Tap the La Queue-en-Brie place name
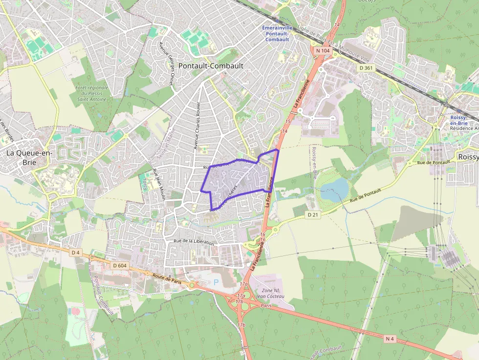(29, 157)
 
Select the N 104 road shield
(323, 50)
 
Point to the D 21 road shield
(313, 214)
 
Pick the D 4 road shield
(75, 253)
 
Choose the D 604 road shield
(119, 265)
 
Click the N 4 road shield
(390, 338)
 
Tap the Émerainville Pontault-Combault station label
(277, 34)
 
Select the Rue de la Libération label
(194, 242)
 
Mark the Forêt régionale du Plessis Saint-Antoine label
(91, 93)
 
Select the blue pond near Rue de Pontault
(334, 189)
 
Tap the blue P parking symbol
(217, 282)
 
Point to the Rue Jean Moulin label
(159, 184)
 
